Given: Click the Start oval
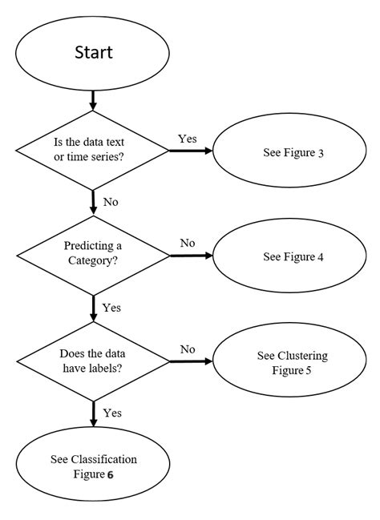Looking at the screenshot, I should [94, 53].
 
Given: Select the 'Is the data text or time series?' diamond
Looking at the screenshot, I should [94, 149].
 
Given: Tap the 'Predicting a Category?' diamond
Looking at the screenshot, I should [94, 256].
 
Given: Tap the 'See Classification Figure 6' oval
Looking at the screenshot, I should [94, 466].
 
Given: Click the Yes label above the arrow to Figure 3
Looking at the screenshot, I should [188, 139].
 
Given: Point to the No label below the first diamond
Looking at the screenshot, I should [110, 202].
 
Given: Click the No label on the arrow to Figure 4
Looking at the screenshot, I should [188, 243].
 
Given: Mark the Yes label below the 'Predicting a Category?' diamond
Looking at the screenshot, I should [111, 308].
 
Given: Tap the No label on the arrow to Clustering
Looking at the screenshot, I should [188, 349].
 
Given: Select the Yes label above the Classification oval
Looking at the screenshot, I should [111, 413].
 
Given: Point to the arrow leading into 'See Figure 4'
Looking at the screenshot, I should [192, 256].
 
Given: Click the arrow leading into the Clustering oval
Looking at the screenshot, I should [192, 361].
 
